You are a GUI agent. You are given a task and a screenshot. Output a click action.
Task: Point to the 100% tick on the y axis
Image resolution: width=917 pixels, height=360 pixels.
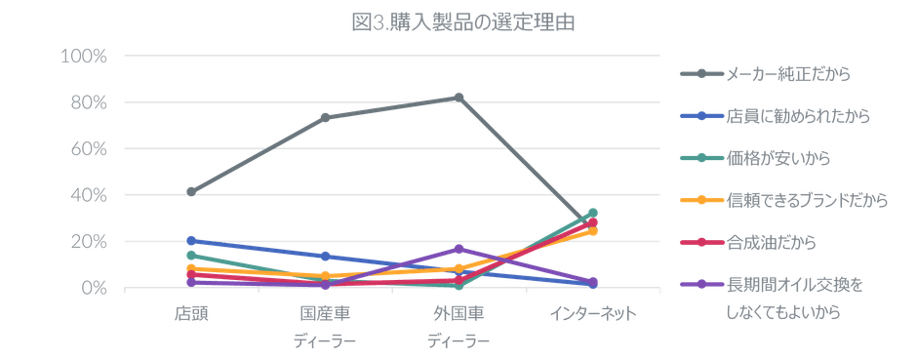(x=84, y=57)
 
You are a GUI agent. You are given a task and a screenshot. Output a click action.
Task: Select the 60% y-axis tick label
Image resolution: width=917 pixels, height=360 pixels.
(x=88, y=149)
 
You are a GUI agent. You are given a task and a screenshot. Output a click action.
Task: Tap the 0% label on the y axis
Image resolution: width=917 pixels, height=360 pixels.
(x=92, y=288)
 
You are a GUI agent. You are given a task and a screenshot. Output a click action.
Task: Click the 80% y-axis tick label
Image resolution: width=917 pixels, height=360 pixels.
(x=88, y=102)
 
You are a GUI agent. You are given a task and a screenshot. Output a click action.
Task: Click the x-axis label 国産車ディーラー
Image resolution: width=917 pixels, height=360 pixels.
(x=326, y=327)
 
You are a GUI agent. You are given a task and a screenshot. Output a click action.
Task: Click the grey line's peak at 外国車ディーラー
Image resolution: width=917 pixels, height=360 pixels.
(x=459, y=96)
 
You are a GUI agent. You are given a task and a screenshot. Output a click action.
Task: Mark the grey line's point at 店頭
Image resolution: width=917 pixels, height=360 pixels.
(x=191, y=192)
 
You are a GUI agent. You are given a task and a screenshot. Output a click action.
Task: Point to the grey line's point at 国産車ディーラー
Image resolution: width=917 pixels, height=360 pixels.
(x=326, y=117)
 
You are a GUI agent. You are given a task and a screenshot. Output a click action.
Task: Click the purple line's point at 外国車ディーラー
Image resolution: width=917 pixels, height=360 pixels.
(x=459, y=249)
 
